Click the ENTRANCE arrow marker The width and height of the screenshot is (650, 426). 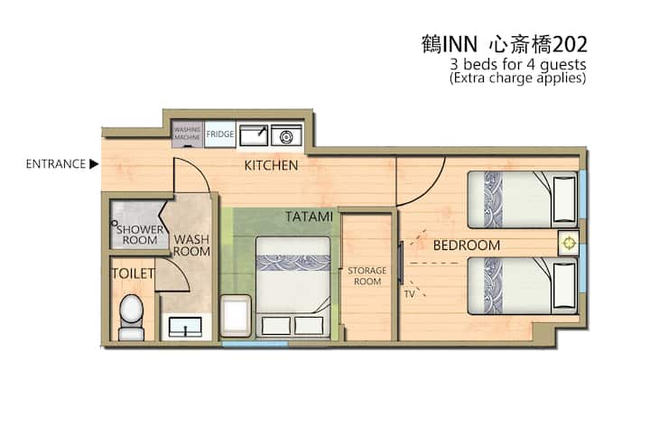tap(94, 164)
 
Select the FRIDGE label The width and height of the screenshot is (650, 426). tap(220, 134)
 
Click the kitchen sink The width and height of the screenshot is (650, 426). tap(253, 134)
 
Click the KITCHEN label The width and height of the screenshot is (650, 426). tap(271, 166)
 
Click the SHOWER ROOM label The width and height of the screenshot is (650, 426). tap(141, 236)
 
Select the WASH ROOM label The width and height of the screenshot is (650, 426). tap(191, 245)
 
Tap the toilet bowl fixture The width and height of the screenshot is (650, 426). tap(132, 311)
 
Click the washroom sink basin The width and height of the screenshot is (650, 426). tap(186, 327)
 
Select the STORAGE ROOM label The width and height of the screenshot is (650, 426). tap(367, 275)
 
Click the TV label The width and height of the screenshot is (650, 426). tap(409, 294)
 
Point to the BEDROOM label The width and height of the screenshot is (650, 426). tap(466, 245)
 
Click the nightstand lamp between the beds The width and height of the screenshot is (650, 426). tap(569, 242)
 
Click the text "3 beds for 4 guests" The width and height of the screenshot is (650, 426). tap(518, 65)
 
